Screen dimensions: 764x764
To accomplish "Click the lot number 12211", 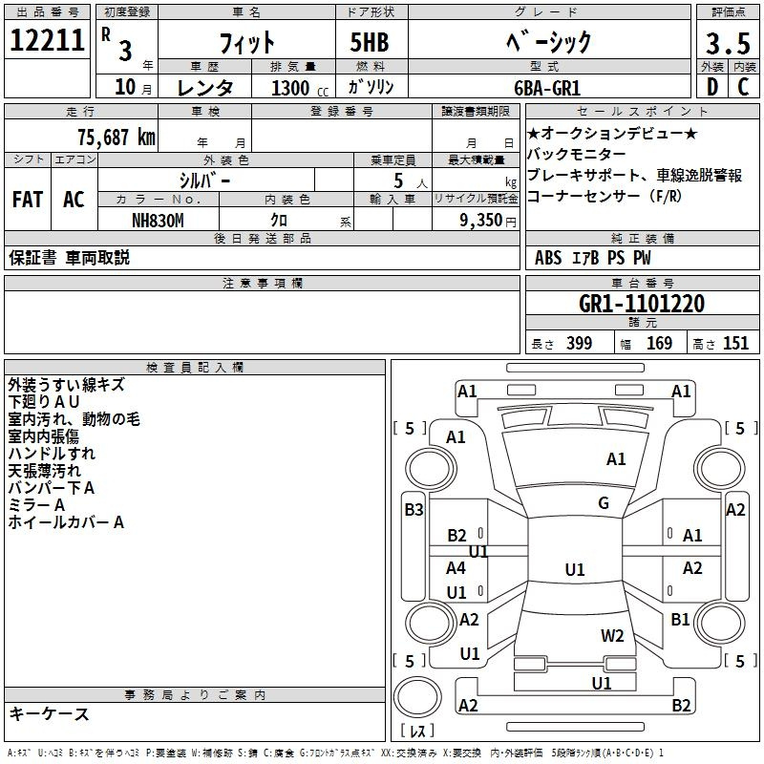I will click(x=48, y=42).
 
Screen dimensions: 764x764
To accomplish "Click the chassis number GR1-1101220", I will click(x=642, y=304).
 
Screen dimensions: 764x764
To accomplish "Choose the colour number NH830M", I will click(x=158, y=220).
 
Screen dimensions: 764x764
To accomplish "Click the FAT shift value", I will click(x=27, y=199).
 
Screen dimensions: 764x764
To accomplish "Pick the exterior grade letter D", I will click(x=711, y=87).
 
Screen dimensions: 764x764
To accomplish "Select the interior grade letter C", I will click(x=743, y=87).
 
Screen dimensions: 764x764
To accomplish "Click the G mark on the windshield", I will click(x=604, y=503).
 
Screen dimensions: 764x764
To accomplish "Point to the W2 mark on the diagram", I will click(x=612, y=635).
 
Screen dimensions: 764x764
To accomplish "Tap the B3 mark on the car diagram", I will click(x=413, y=510).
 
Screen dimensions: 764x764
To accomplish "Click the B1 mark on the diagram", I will click(x=680, y=619).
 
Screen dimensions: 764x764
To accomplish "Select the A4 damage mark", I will click(x=456, y=568).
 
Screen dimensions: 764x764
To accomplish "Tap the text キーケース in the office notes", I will click(x=49, y=713).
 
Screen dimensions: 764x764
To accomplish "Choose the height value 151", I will click(x=734, y=344).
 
